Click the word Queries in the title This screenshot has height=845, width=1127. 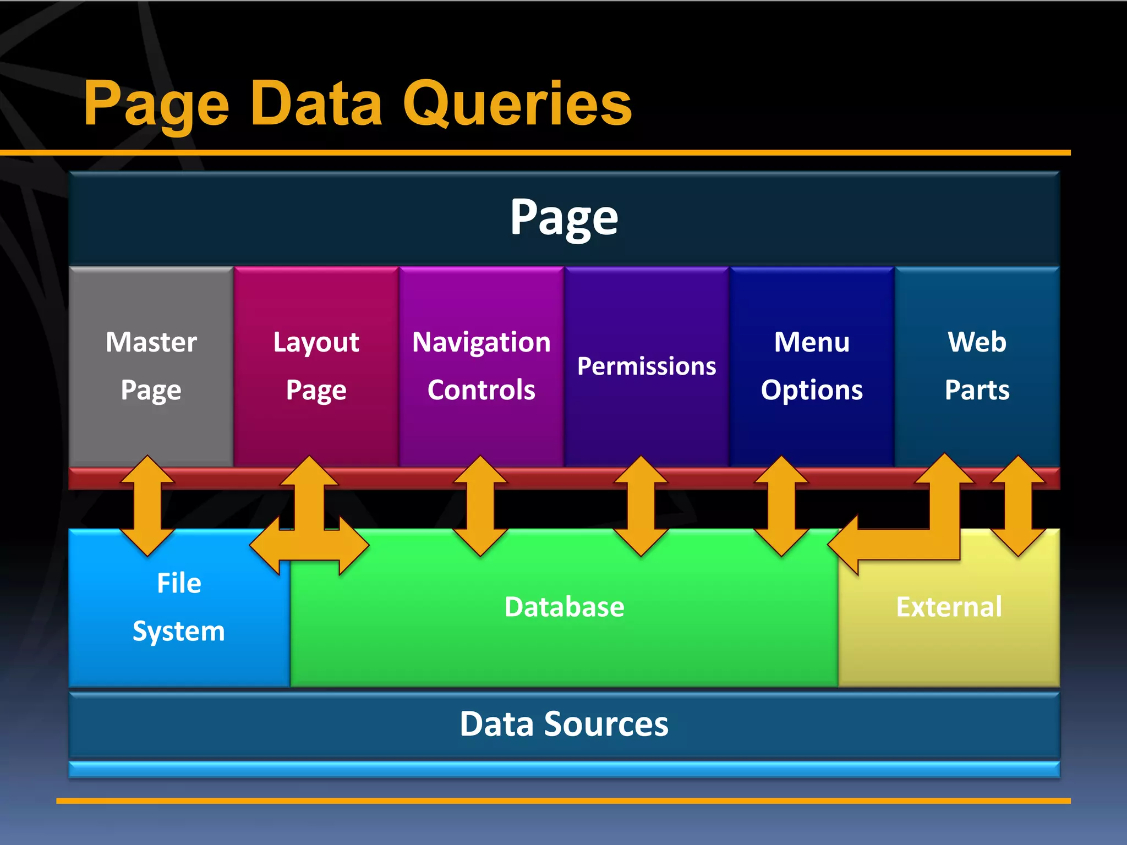[517, 105]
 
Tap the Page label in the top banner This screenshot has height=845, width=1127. [564, 217]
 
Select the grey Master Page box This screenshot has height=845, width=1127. [151, 366]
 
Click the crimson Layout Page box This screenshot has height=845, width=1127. [316, 366]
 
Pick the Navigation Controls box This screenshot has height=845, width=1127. [481, 366]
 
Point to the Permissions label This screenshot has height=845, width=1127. [647, 366]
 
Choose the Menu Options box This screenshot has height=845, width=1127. [812, 366]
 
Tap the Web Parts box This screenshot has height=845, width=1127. [977, 366]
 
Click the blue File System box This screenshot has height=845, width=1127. [178, 608]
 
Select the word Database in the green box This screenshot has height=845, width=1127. [564, 607]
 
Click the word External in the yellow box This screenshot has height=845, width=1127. [949, 607]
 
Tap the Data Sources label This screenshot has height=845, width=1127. [564, 724]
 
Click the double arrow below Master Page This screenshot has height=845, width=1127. [147, 506]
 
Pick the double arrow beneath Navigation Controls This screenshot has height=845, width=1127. [480, 506]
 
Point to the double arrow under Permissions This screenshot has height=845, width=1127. [641, 506]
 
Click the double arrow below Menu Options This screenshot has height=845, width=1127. [781, 506]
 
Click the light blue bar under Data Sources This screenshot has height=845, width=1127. [564, 769]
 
